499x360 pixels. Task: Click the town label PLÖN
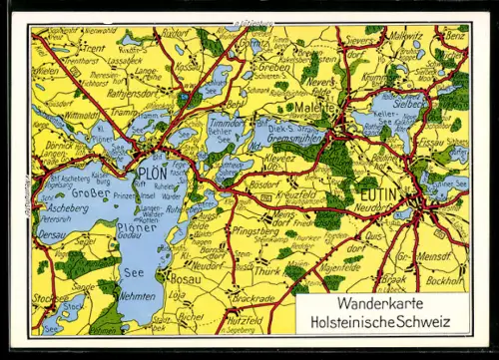[x=155, y=171]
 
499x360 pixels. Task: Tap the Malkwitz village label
[x=405, y=35]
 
